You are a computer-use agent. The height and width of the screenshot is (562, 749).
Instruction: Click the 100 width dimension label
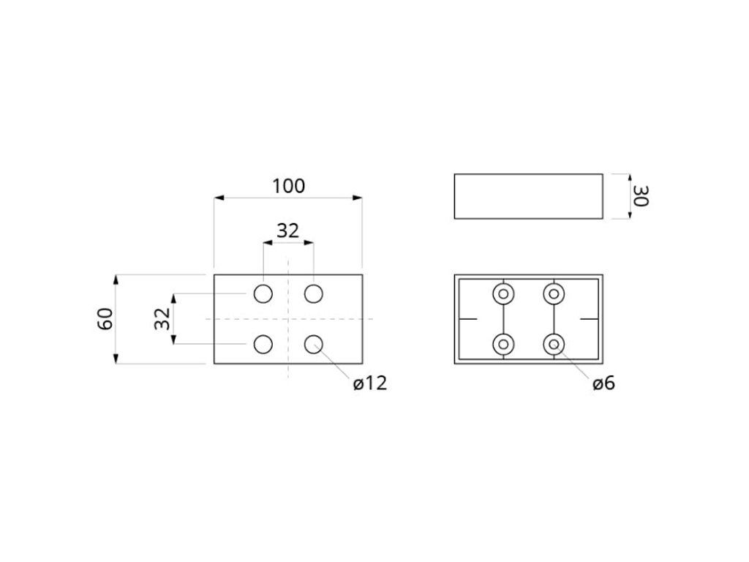click(x=288, y=186)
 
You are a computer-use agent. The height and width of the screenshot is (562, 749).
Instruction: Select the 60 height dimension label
click(x=106, y=319)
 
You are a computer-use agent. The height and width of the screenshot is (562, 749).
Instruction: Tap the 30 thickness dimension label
click(x=641, y=196)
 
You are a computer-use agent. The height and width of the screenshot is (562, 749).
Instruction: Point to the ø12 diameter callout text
click(x=369, y=383)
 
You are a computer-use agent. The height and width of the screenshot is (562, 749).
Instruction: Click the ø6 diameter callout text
click(x=604, y=383)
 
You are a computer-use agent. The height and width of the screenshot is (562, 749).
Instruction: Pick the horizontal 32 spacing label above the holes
click(x=288, y=231)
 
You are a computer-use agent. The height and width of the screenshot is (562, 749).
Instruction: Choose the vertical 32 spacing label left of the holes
click(x=162, y=319)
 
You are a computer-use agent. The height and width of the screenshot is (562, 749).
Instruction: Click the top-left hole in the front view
click(x=263, y=294)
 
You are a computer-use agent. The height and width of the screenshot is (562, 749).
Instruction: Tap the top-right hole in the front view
click(x=314, y=294)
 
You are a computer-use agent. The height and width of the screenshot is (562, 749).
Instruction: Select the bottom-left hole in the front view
click(x=263, y=344)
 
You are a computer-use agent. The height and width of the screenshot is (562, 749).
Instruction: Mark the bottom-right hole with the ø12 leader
click(x=314, y=344)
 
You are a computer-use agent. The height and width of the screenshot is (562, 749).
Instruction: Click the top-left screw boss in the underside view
click(x=503, y=294)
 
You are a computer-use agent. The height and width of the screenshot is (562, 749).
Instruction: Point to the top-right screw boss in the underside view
click(x=554, y=294)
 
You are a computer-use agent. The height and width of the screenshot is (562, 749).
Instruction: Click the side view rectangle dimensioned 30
click(x=528, y=196)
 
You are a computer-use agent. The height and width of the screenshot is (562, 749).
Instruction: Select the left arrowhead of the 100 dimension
click(x=218, y=197)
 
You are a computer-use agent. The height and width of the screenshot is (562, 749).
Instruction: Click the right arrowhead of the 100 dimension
click(x=358, y=197)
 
